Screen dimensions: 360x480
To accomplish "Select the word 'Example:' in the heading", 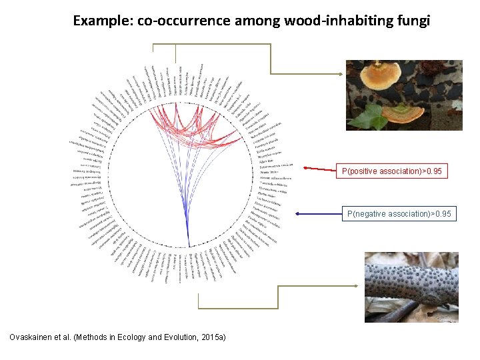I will (103, 21).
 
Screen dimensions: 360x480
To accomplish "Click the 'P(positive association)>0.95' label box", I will (391, 172).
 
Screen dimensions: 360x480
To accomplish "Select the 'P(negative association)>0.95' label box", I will (399, 214).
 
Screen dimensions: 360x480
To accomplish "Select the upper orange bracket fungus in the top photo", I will (375, 75).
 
